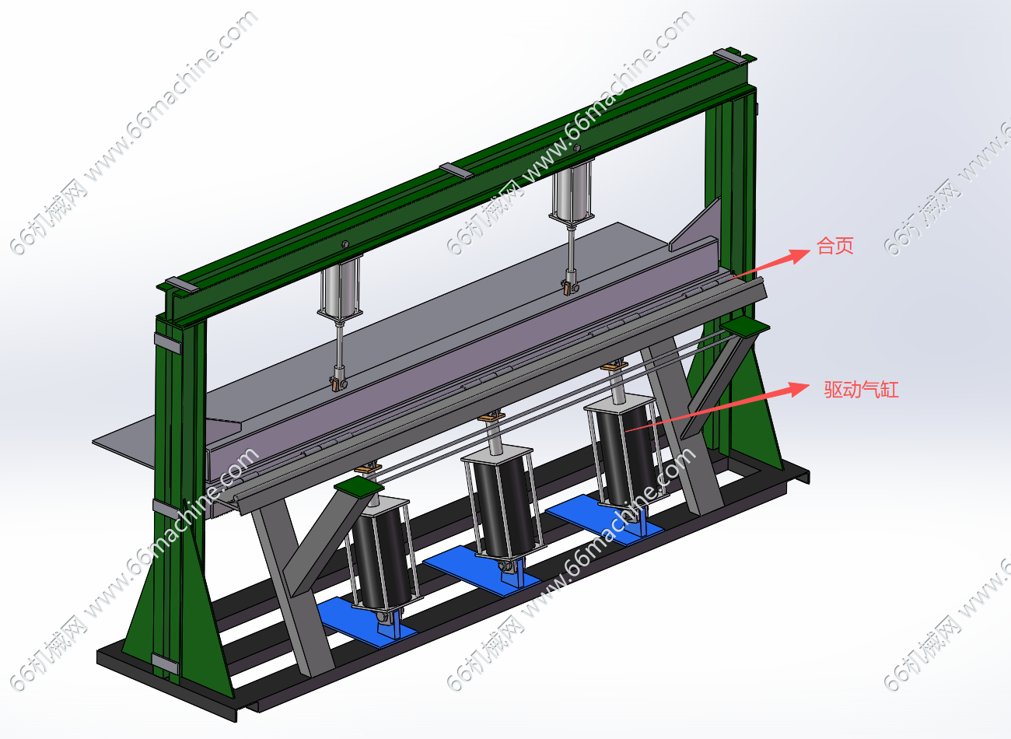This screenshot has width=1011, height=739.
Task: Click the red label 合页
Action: coord(835,246)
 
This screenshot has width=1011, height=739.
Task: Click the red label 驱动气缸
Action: coord(861,389)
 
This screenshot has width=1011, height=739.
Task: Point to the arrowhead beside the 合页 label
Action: coord(799,255)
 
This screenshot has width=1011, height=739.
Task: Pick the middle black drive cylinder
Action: coord(503,505)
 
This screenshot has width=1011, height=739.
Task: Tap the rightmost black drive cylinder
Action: coord(625,451)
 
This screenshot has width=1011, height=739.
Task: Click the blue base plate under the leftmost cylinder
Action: coord(366,623)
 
